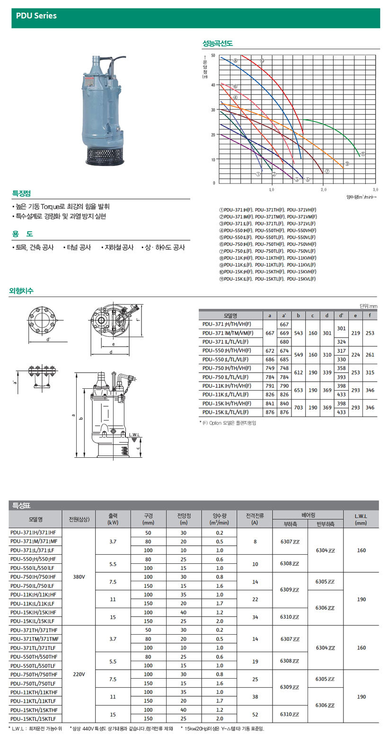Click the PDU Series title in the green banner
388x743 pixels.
click(x=36, y=16)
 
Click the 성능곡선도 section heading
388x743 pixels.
click(x=218, y=44)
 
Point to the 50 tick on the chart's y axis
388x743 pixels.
click(x=213, y=56)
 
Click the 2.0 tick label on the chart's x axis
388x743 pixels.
click(x=323, y=190)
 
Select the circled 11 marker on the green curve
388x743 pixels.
click(x=362, y=154)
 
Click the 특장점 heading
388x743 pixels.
click(x=22, y=193)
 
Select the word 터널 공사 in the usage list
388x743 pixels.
click(x=79, y=247)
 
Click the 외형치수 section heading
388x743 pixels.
click(x=22, y=291)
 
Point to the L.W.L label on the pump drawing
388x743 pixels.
click(x=134, y=435)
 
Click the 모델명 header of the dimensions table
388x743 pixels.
click(x=230, y=315)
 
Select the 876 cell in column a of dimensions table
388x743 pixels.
click(x=270, y=412)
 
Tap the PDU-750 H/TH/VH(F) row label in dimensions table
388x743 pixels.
click(x=227, y=368)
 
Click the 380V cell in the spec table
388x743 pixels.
click(x=79, y=577)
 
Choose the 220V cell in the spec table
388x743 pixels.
click(x=79, y=674)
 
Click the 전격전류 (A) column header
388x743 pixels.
click(x=255, y=519)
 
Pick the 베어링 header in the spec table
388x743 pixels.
click(x=308, y=515)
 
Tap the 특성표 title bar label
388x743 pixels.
click(x=22, y=505)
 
